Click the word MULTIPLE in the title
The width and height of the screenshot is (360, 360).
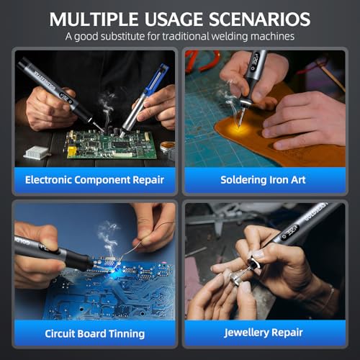(x=94, y=19)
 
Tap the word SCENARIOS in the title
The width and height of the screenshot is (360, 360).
(x=259, y=19)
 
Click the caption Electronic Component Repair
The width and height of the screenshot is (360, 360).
(x=94, y=180)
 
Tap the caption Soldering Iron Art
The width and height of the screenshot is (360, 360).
(x=263, y=180)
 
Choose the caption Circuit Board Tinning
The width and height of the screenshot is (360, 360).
(x=95, y=334)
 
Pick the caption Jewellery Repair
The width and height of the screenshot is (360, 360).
(x=263, y=333)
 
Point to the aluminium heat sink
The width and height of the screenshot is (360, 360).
(x=36, y=153)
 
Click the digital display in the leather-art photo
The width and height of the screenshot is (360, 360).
(x=256, y=61)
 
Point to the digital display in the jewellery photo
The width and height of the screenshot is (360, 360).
(x=289, y=233)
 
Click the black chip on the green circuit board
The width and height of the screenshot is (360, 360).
(x=120, y=145)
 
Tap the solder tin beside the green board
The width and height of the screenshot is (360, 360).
(x=168, y=147)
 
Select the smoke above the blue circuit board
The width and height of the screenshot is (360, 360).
(x=109, y=238)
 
